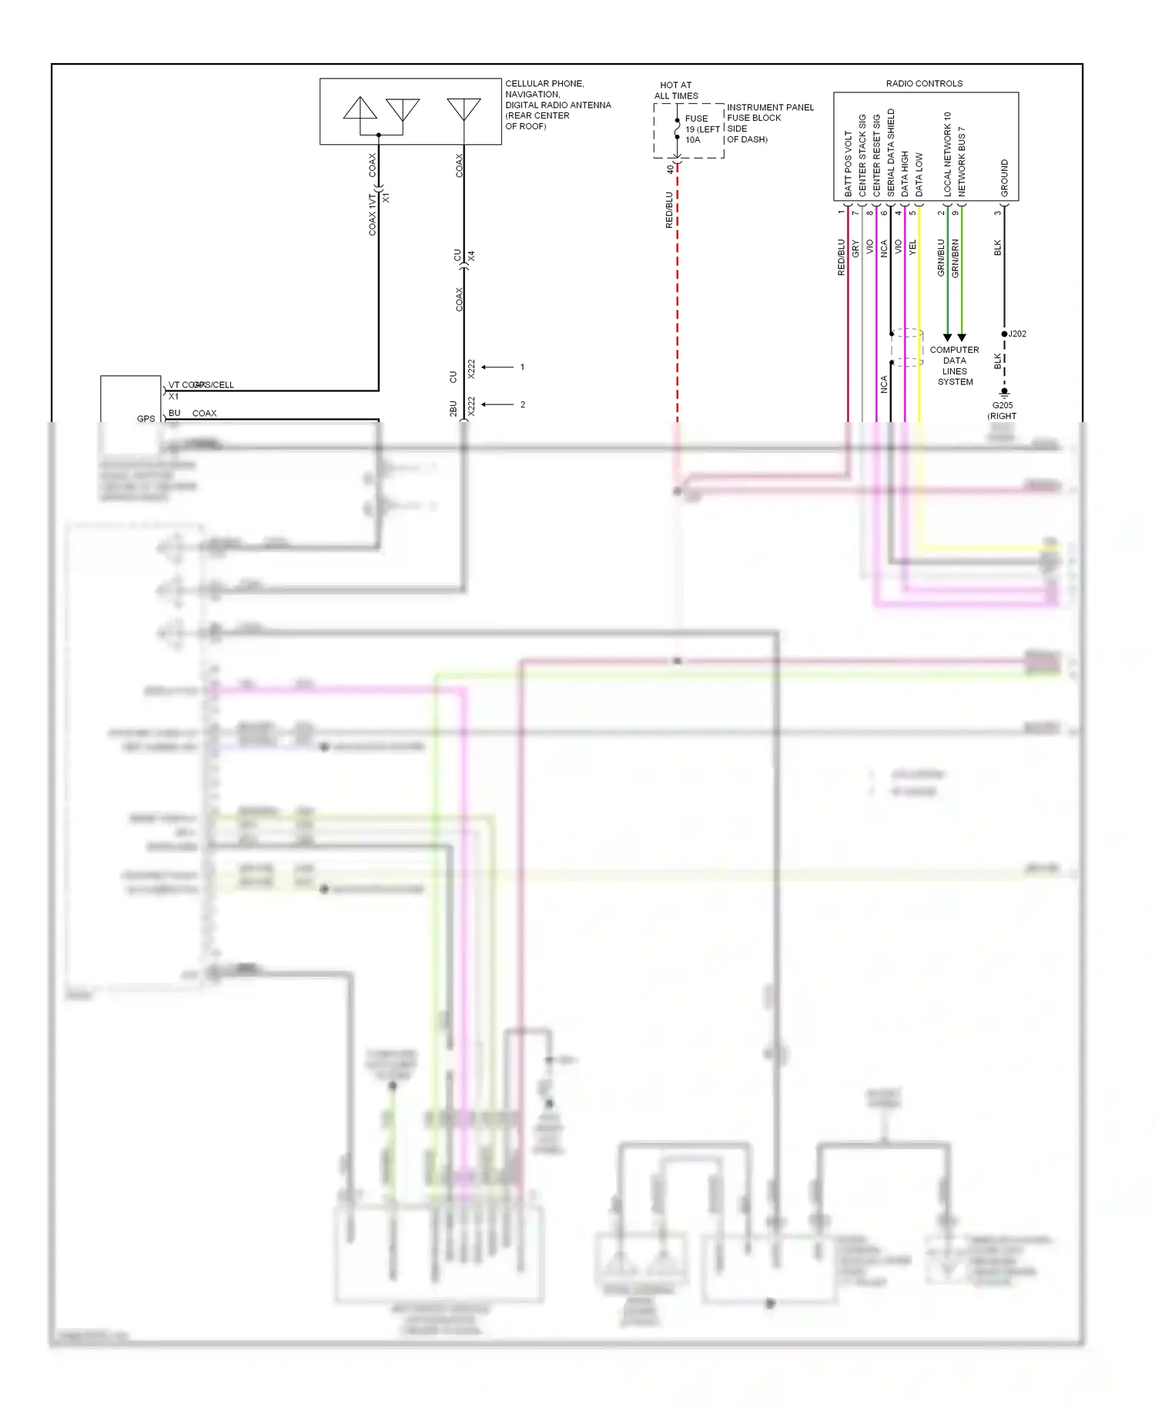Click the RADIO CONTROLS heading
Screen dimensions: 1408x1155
point(924,83)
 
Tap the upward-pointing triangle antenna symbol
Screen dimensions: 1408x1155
point(360,109)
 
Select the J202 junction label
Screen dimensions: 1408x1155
point(1017,334)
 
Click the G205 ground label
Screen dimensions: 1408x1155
point(1002,405)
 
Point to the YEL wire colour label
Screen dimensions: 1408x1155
point(912,247)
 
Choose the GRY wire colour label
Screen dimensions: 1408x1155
point(855,249)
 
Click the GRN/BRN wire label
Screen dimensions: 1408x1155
point(956,258)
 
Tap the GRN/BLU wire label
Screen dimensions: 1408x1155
point(941,258)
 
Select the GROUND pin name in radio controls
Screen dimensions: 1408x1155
point(1004,178)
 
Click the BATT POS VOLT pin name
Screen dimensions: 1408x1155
point(848,163)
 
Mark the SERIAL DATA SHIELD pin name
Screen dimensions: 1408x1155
point(891,153)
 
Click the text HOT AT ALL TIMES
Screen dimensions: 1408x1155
point(676,90)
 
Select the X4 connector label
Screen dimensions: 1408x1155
point(471,255)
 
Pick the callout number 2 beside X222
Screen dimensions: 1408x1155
point(523,404)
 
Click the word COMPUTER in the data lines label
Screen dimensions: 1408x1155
point(954,350)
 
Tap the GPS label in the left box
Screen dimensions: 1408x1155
point(146,418)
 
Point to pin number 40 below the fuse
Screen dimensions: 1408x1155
point(669,169)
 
